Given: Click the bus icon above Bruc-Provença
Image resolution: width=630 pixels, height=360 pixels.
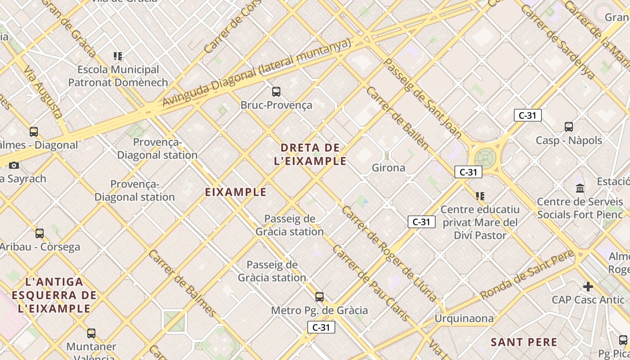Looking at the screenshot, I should pos(276,92).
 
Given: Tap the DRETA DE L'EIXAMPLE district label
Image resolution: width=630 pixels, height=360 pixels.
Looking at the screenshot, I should pos(310,154).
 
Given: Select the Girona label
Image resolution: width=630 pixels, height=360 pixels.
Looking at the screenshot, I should pos(388,168).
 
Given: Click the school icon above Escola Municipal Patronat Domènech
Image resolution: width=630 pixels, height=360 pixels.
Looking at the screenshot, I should pos(118,56).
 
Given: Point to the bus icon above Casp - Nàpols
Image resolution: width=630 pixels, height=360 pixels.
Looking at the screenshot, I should pos(569,127).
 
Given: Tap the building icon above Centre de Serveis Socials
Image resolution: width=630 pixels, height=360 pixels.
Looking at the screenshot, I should pos(580,188).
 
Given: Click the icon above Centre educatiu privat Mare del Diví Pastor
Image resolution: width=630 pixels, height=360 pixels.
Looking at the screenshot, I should pos(480,196).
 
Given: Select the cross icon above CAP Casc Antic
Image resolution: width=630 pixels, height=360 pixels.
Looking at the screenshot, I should pos(588,286).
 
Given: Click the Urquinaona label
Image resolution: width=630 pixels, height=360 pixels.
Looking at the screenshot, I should pos(463,319).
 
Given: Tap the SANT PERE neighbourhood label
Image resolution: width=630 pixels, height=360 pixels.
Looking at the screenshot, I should pos(524,342).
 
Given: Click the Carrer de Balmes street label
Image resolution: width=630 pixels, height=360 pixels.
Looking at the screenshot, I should pos(183,283).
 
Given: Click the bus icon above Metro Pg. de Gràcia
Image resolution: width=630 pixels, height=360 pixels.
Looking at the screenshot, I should pos(319,297).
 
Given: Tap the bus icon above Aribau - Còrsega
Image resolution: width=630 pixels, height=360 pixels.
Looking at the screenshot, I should pos(40,234).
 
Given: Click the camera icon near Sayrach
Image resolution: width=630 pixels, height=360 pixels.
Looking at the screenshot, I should pos(14,165).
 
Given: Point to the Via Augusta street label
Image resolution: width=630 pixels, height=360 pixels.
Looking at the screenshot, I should pos(43,93).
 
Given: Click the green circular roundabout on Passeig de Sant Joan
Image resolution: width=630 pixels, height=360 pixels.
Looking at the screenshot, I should pos(485,158).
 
